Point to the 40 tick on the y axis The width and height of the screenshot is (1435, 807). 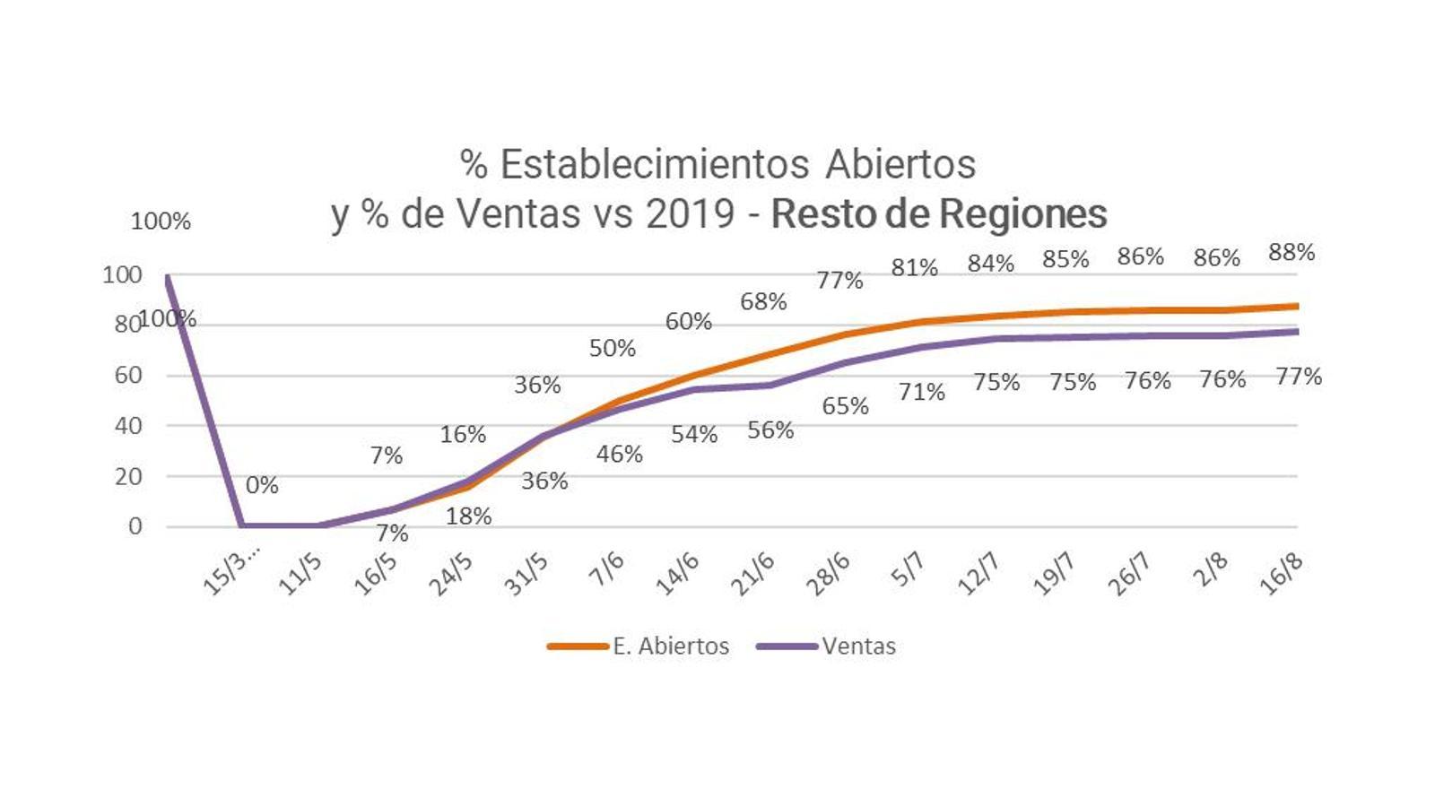(128, 426)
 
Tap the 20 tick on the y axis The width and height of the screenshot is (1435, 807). (128, 476)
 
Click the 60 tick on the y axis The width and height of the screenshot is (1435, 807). (128, 375)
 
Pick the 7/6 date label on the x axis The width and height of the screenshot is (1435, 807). (606, 569)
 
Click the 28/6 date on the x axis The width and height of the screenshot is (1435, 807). (827, 574)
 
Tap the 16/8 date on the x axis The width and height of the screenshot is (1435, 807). (1280, 574)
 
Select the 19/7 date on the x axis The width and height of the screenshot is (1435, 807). (1054, 574)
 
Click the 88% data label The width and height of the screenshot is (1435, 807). (1291, 253)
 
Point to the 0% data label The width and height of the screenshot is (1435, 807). (262, 485)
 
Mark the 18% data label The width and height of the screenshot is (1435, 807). (468, 516)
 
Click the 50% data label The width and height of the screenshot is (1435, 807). (613, 348)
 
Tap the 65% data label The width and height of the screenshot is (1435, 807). (845, 406)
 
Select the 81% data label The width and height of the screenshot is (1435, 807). (914, 267)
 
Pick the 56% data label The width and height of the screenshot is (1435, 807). (770, 430)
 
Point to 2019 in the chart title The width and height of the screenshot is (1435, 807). (691, 213)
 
